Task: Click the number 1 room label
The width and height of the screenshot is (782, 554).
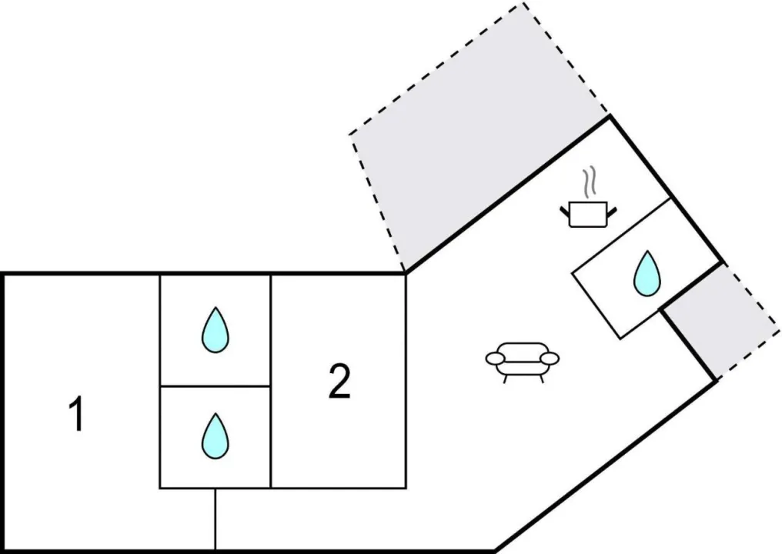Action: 76,415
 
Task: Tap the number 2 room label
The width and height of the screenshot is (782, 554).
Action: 339,382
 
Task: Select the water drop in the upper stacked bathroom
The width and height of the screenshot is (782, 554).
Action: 215,330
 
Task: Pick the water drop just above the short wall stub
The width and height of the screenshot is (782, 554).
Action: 215,436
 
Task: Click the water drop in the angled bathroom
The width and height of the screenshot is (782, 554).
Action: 646,274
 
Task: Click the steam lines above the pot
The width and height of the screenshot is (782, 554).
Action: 590,182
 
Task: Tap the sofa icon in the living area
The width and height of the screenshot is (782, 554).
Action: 523,362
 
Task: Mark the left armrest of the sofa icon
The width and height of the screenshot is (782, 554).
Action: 495,358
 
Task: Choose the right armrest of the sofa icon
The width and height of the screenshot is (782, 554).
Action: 550,358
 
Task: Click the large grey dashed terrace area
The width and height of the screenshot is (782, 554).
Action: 477,146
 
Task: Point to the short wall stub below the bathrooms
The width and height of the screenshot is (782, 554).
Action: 215,519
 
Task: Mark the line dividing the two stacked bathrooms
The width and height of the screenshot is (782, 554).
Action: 215,385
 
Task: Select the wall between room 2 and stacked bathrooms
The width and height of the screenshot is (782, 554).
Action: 271,381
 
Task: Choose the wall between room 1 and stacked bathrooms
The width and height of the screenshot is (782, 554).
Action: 159,381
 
